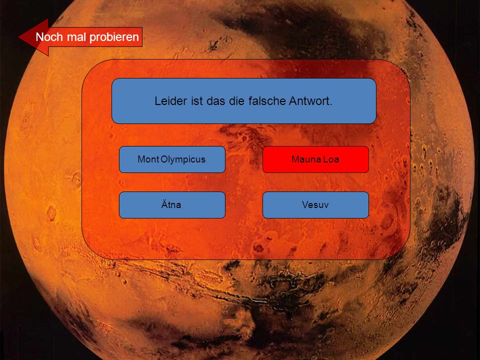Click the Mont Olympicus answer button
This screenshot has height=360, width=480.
pyautogui.click(x=172, y=159)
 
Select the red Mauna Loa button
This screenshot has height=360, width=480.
pyautogui.click(x=315, y=159)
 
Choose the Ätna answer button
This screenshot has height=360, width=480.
pyautogui.click(x=172, y=205)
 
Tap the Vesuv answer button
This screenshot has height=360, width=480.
pyautogui.click(x=315, y=205)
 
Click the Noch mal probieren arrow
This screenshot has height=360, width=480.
pyautogui.click(x=80, y=37)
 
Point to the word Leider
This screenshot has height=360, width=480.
pyautogui.click(x=170, y=100)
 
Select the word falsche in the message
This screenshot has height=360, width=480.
pyautogui.click(x=266, y=100)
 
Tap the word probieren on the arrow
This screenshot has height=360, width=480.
pyautogui.click(x=114, y=37)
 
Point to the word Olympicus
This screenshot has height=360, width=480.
pyautogui.click(x=183, y=159)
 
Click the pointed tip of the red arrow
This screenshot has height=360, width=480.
pyautogui.click(x=19, y=37)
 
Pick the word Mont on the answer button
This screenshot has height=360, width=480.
pyautogui.click(x=148, y=159)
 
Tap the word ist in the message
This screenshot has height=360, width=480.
pyautogui.click(x=197, y=100)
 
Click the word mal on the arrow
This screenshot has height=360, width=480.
pyautogui.click(x=76, y=37)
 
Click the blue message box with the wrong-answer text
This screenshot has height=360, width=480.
pyautogui.click(x=244, y=101)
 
